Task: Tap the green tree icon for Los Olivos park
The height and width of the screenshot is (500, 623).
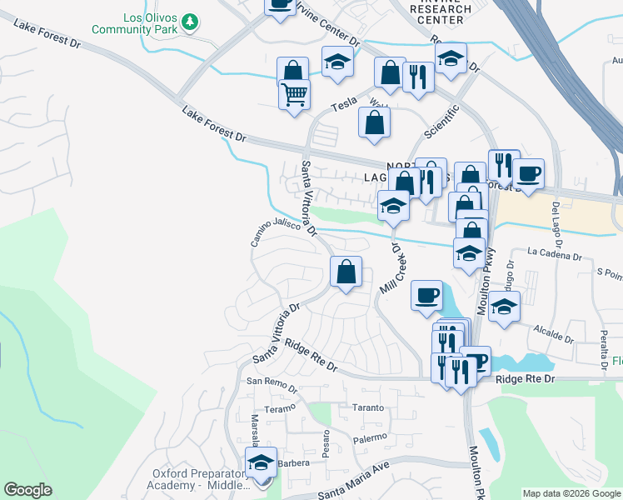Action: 191,21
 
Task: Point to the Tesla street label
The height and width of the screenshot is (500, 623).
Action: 344,106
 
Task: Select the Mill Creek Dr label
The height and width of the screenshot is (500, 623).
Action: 391,269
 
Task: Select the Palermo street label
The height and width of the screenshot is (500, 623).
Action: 368,437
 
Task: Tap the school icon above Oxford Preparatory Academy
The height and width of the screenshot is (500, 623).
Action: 261,462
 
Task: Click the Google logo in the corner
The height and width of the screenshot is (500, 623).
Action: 27,490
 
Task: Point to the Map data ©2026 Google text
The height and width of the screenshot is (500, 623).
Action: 571,493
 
